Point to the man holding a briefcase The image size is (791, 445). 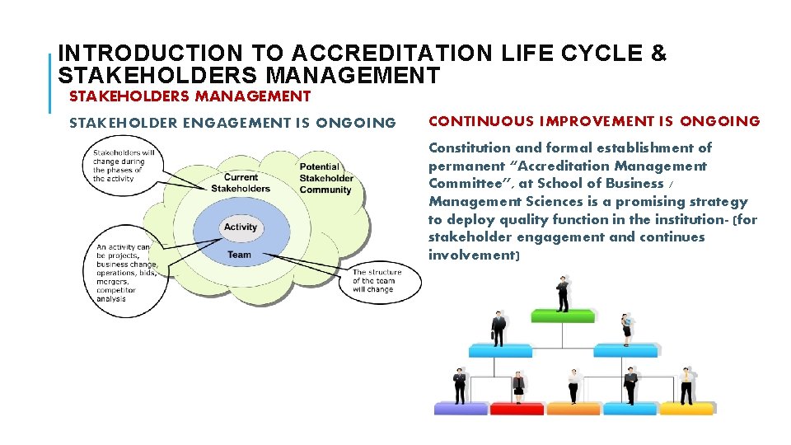point(498,328)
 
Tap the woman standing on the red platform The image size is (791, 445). point(517,386)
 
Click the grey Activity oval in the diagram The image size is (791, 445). point(241,227)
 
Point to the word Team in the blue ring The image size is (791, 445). point(239,255)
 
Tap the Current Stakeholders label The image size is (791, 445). point(241,183)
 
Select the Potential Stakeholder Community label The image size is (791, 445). point(325,178)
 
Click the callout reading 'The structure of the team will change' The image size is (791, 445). point(377,281)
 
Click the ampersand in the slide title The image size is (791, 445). point(658,54)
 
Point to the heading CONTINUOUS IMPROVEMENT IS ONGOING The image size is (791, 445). point(594,122)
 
